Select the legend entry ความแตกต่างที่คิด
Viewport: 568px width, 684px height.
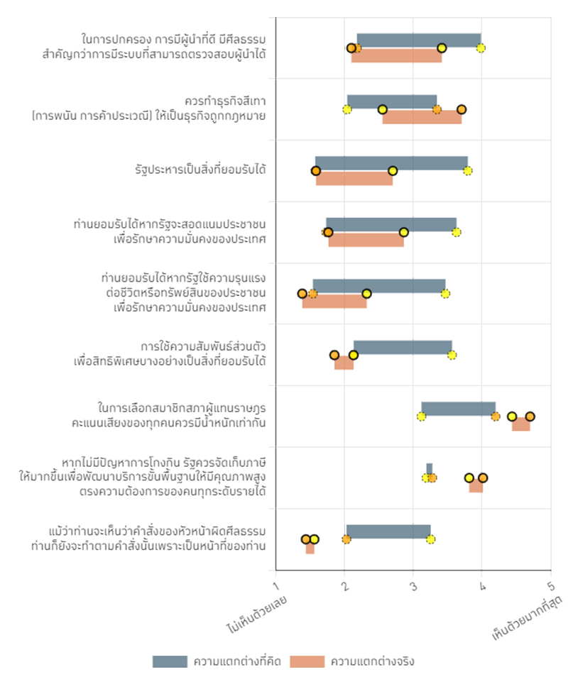217,661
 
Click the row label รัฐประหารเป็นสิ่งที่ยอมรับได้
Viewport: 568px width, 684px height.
200,170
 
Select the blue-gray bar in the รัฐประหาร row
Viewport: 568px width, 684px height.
391,162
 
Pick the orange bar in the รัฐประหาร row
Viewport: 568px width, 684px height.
354,179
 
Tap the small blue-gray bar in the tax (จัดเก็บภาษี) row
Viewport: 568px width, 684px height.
429,469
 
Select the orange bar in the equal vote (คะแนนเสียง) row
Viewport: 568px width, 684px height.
520,424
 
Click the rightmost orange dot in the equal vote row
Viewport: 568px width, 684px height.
530,417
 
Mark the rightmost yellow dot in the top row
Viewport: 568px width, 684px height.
481,48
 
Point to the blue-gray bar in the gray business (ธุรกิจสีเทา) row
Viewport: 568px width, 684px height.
391,101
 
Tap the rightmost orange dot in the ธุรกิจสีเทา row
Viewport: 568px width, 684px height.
461,109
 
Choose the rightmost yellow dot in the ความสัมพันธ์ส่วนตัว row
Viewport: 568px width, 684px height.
452,355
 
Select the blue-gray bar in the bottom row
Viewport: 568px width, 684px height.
388,531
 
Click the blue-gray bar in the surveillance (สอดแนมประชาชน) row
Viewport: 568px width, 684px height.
390,224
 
